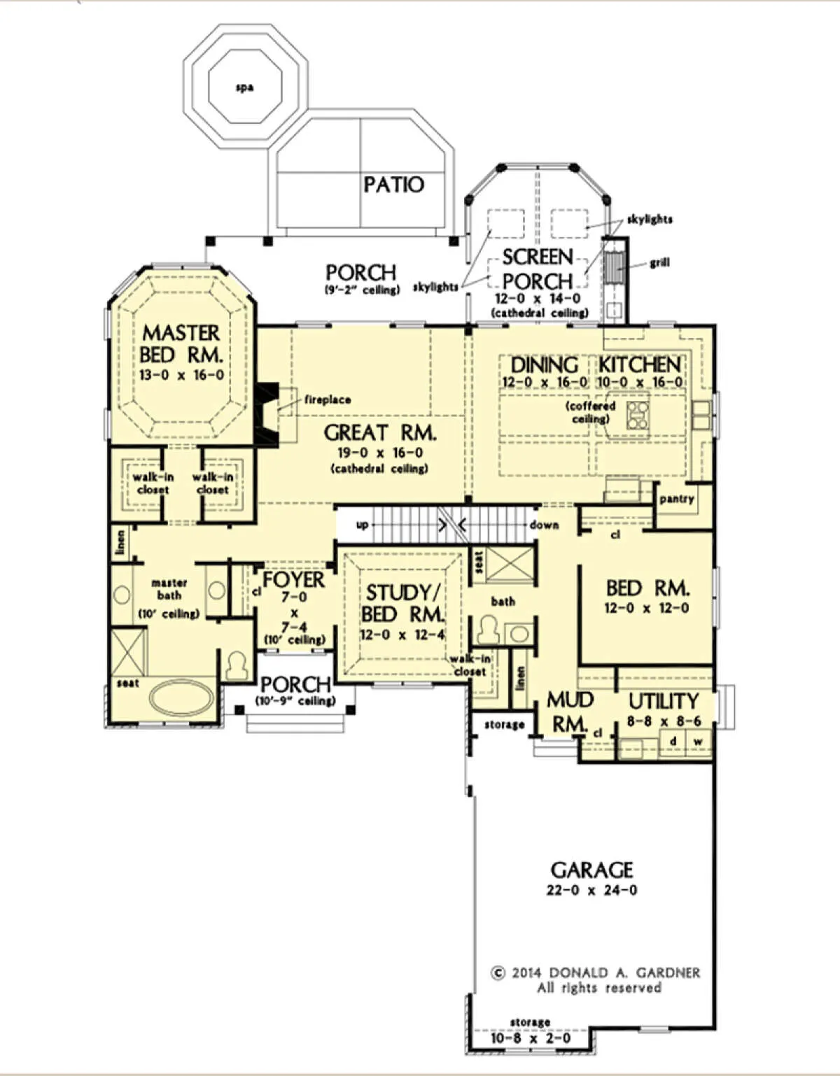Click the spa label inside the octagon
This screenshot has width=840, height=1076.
tap(245, 88)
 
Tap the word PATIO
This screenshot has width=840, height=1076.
tap(394, 185)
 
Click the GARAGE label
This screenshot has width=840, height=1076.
tap(592, 870)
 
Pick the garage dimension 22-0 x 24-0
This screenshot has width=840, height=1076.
tap(592, 891)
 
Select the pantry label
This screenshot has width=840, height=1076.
tap(677, 499)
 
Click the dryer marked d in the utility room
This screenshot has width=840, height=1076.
tap(673, 742)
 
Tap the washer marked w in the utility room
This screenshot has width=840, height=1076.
tap(699, 742)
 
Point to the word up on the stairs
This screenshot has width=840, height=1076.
tap(363, 525)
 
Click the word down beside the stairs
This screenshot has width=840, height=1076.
tap(544, 525)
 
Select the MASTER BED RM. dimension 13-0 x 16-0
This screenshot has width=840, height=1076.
tap(181, 375)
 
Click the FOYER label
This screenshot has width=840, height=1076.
tap(294, 579)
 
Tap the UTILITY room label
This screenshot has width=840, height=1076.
tap(664, 701)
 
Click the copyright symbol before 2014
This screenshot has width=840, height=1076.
tap(498, 973)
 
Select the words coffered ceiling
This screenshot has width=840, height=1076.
tap(591, 413)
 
